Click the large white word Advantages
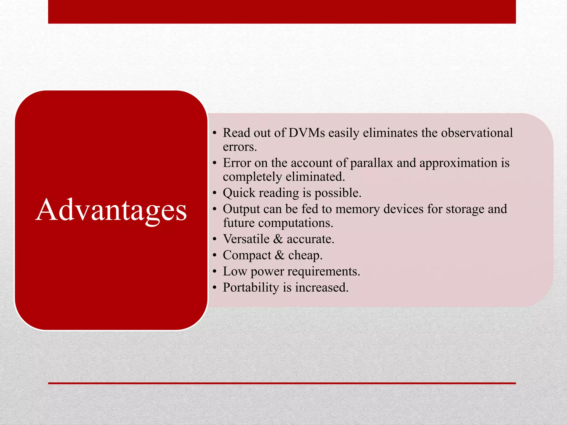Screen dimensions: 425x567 pyautogui.click(x=111, y=210)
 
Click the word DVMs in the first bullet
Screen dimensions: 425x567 pyautogui.click(x=306, y=133)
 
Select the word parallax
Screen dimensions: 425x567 pyautogui.click(x=372, y=163)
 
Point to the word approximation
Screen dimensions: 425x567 pyautogui.click(x=458, y=163)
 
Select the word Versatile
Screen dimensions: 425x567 pyautogui.click(x=246, y=239)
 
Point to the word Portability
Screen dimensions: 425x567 pyautogui.click(x=251, y=287)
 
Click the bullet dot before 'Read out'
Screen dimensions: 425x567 pyautogui.click(x=215, y=133)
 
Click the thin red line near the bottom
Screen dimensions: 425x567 pyautogui.click(x=282, y=383)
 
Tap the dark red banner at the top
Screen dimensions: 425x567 pyautogui.click(x=282, y=12)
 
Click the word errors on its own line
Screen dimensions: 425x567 pyautogui.click(x=240, y=147)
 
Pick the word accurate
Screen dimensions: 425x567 pyautogui.click(x=310, y=239)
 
